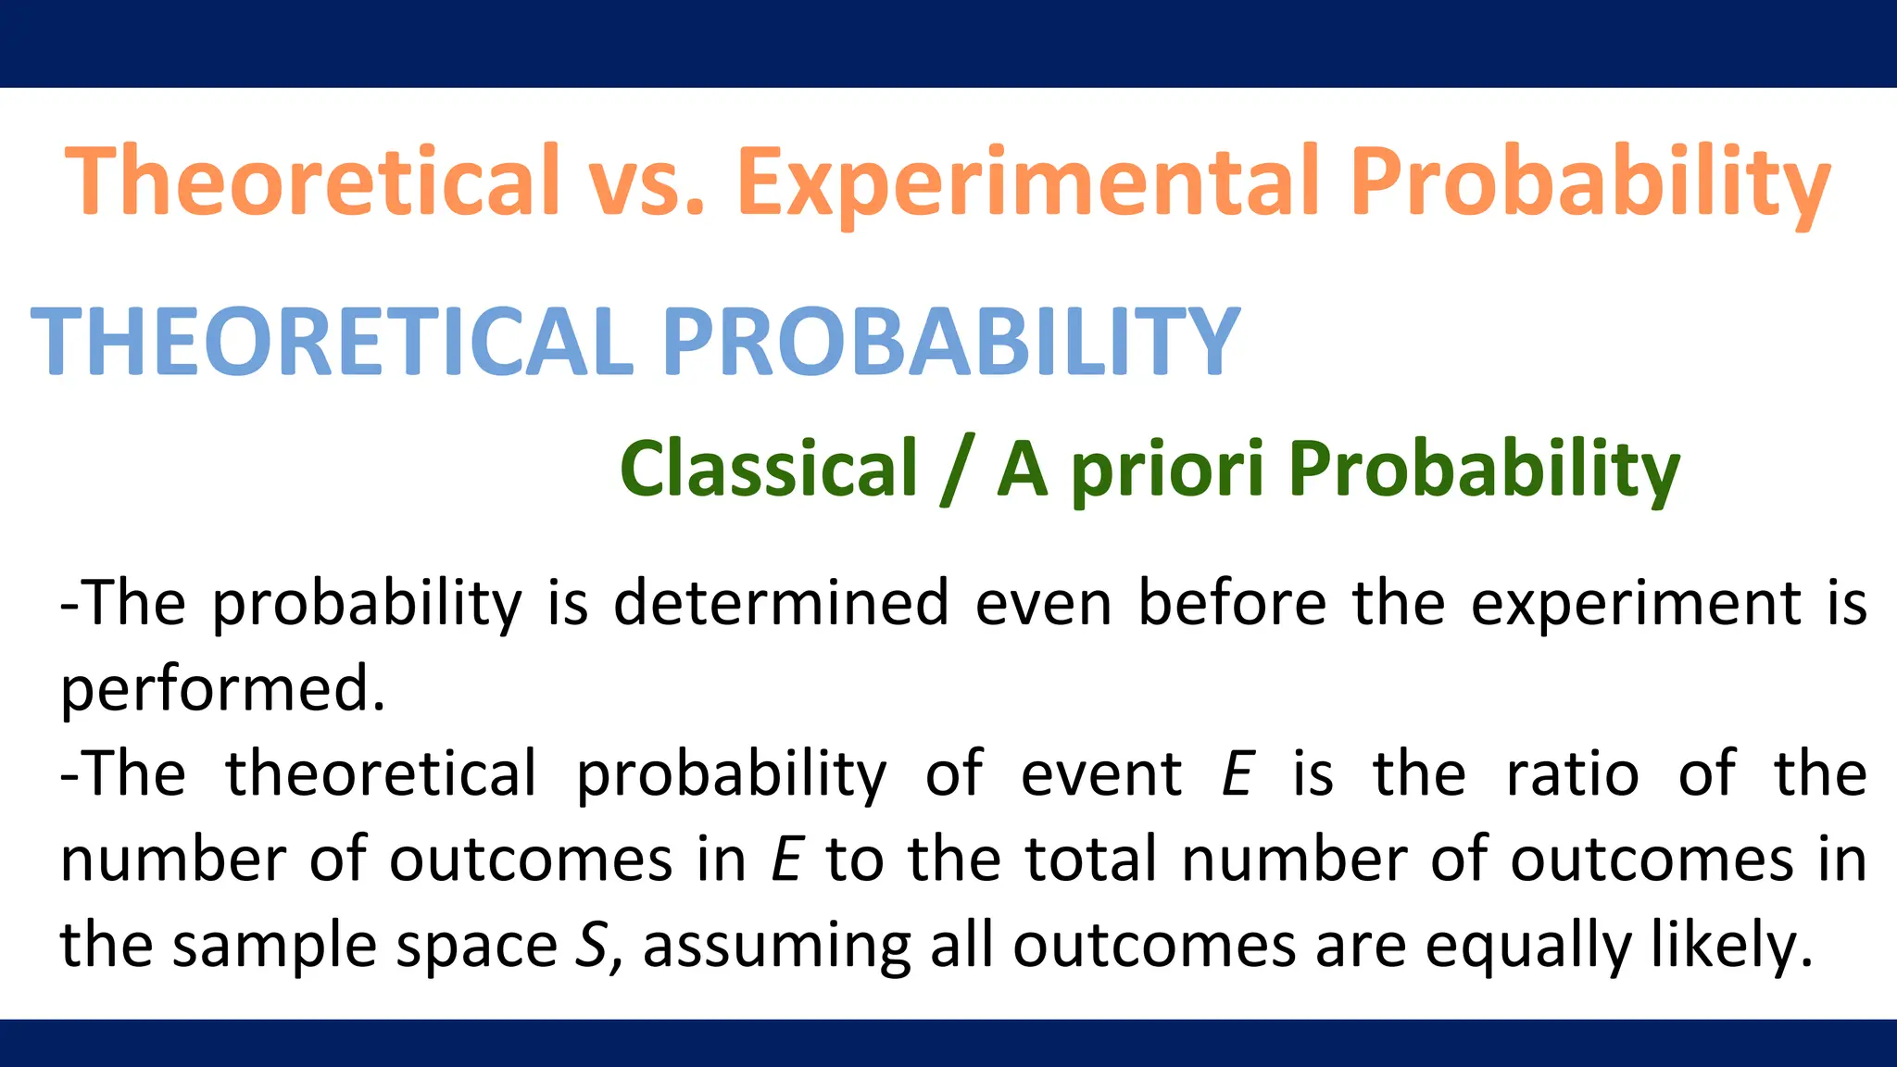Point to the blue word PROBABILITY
pos(950,342)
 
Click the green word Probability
pos(1483,470)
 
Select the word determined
pos(781,603)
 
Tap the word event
pos(1100,774)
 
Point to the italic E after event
pos(1237,774)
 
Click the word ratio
pos(1572,774)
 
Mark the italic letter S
pos(591,946)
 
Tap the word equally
pos(1527,946)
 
